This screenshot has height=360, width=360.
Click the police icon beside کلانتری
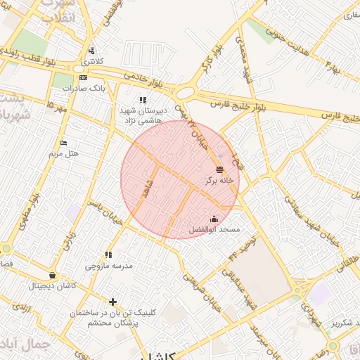click(x=92, y=51)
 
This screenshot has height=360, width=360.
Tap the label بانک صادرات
click(x=78, y=89)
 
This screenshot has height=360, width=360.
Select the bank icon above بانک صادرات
click(x=83, y=77)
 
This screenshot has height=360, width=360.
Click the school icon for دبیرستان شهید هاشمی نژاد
click(x=143, y=101)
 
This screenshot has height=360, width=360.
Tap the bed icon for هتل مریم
click(x=64, y=143)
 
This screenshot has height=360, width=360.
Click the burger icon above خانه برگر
click(x=220, y=169)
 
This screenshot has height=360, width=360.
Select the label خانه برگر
click(x=219, y=181)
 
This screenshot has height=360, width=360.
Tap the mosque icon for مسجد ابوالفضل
click(x=214, y=219)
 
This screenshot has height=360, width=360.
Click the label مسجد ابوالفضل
click(x=215, y=230)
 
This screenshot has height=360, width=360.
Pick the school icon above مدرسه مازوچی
click(x=108, y=255)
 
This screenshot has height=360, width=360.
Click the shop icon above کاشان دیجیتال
click(x=52, y=275)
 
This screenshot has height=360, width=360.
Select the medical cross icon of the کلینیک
click(x=112, y=302)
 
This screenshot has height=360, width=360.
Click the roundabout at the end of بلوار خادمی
click(x=186, y=93)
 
